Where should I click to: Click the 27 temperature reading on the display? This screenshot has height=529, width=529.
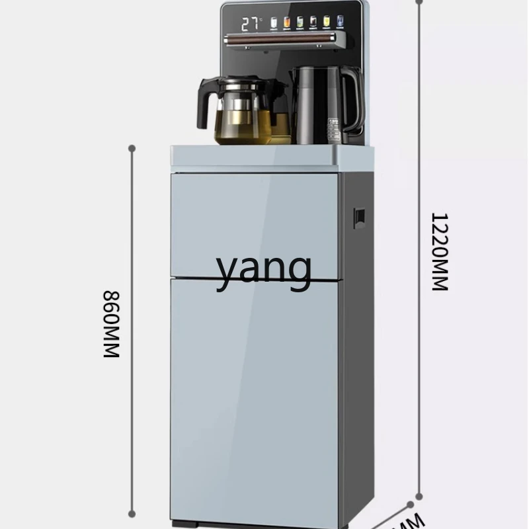point(250,25)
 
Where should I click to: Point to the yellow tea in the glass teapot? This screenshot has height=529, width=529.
point(243,128)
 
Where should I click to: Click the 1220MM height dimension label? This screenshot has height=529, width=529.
point(440,251)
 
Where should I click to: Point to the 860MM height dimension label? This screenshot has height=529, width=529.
point(111,324)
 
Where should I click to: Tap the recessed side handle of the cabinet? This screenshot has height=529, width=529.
point(359,218)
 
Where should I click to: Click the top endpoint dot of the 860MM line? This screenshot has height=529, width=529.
point(132,148)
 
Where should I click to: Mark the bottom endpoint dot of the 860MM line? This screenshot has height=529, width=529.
point(132,513)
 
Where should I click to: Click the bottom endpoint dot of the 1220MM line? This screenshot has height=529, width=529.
point(419,496)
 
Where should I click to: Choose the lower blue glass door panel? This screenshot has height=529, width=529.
point(255,397)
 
